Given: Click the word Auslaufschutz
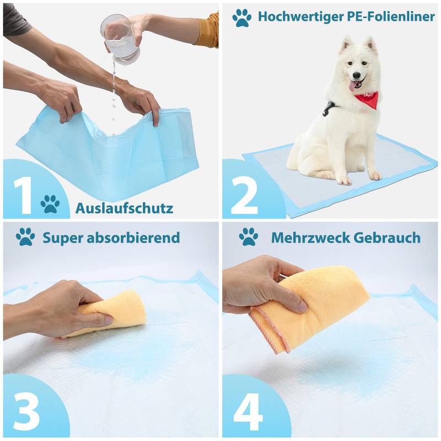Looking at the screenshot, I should click(124, 208).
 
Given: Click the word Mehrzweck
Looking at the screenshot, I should click(310, 238).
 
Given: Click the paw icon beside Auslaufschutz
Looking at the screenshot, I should click(50, 204).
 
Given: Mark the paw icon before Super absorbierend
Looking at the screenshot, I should click(25, 237).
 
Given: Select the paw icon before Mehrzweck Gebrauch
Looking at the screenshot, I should click(248, 237).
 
